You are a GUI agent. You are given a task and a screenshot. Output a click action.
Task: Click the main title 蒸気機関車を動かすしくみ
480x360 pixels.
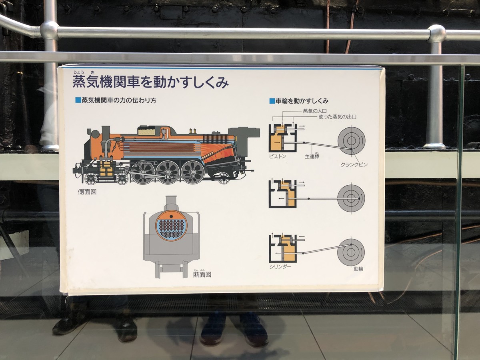150,82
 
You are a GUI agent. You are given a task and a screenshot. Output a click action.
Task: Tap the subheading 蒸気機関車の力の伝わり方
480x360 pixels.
119,100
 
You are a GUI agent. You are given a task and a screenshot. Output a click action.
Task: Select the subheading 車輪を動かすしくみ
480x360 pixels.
302,101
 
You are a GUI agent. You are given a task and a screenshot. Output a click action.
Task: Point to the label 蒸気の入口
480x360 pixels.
315,111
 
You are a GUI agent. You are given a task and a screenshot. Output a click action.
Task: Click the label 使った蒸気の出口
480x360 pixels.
338,117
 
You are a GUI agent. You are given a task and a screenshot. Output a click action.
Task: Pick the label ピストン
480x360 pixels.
278,156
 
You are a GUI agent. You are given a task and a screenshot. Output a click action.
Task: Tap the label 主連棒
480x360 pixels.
312,156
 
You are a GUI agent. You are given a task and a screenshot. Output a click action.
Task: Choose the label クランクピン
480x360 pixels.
354,164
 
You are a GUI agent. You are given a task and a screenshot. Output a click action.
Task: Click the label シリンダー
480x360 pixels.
280,267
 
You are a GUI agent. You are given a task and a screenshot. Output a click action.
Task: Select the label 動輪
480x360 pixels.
358,269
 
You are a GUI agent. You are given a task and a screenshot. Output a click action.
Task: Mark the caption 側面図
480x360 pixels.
87,192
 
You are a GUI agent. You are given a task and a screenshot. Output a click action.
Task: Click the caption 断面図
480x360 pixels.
202,274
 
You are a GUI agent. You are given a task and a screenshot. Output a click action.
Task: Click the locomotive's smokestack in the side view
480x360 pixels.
106,130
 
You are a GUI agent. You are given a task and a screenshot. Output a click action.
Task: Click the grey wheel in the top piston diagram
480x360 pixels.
352,140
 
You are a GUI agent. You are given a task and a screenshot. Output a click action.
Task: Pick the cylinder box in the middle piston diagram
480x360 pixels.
282,194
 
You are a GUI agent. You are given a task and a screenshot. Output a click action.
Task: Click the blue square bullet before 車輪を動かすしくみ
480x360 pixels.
272,101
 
